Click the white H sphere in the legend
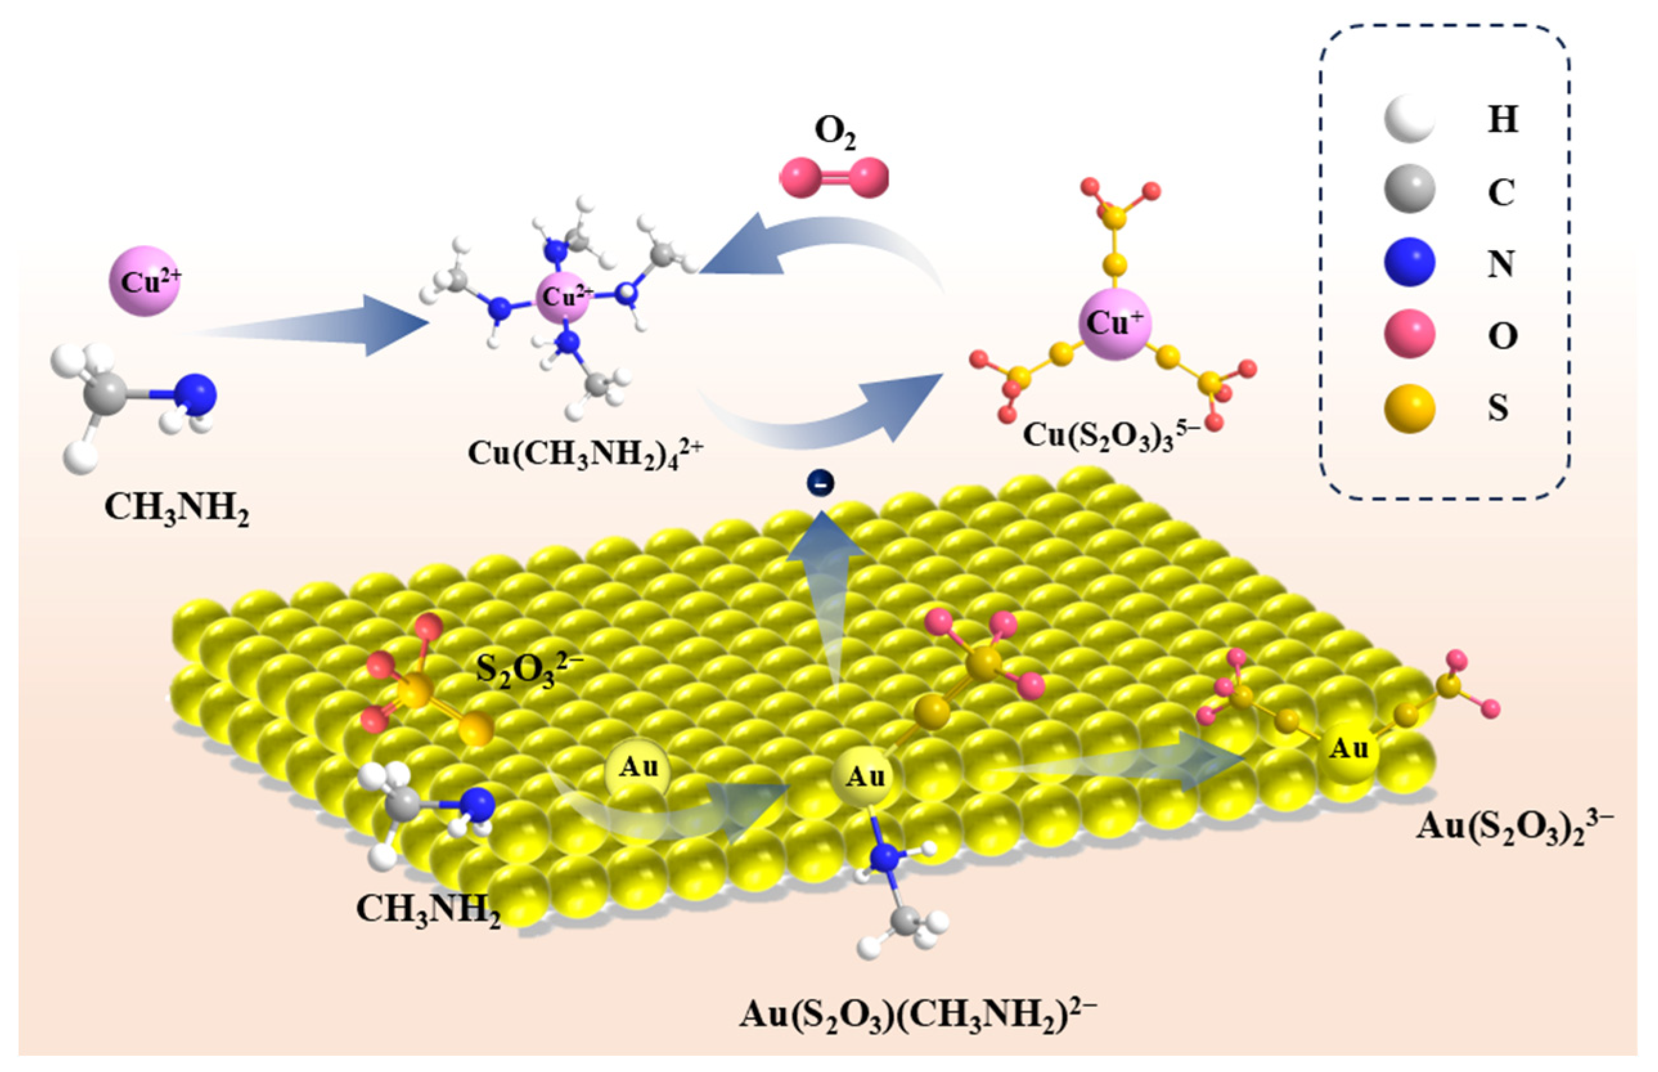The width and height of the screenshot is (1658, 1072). (1409, 118)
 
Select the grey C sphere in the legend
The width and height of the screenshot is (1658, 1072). (1409, 190)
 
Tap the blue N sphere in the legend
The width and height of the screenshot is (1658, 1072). (1409, 262)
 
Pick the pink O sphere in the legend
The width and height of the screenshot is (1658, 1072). (1409, 335)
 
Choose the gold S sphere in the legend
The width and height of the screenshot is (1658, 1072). (1409, 407)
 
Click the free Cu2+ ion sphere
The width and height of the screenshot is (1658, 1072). (145, 280)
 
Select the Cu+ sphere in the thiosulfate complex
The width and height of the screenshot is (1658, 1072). (1115, 323)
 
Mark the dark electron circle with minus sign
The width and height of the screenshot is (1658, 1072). (820, 483)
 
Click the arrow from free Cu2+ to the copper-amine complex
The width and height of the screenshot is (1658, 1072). (313, 325)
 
